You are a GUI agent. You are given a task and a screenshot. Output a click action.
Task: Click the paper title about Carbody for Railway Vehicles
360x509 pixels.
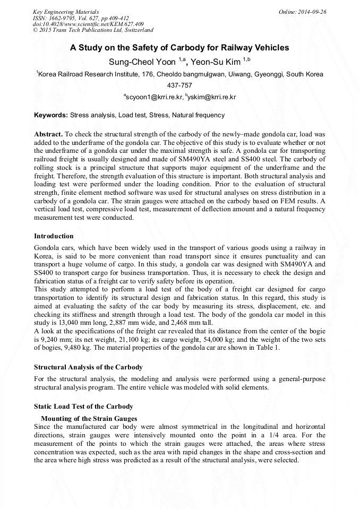[x=179, y=48]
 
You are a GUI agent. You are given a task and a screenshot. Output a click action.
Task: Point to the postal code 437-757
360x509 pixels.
[x=179, y=85]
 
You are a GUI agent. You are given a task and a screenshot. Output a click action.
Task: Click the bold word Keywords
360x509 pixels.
[x=50, y=115]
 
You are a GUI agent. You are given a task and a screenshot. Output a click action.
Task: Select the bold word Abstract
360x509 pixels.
[x=48, y=135]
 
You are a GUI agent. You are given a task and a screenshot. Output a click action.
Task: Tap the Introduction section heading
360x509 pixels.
[x=54, y=236]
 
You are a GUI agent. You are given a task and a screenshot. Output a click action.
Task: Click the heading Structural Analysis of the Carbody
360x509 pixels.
[x=88, y=367]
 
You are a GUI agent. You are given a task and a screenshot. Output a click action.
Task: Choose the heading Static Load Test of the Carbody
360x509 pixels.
[x=83, y=407]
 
